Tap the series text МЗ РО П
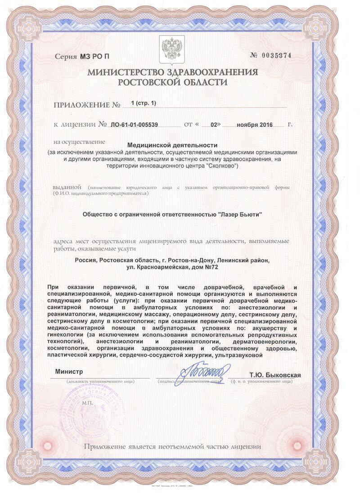[x=94, y=57]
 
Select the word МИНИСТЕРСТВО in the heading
[x=131, y=72]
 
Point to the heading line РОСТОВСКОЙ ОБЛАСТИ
[x=172, y=82]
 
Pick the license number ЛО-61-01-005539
[x=135, y=125]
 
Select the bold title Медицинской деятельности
[x=172, y=145]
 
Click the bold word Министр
[x=69, y=372]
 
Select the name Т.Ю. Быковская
[x=275, y=375]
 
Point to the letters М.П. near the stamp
[x=87, y=403]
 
